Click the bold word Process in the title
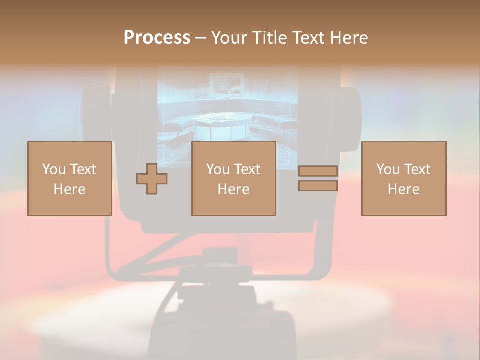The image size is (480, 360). (157, 38)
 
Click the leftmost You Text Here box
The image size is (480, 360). (69, 178)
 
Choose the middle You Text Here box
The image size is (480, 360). (233, 178)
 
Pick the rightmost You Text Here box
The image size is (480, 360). (403, 178)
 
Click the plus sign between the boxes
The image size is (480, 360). (152, 179)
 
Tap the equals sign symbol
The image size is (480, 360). (318, 178)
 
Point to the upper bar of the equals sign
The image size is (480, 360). (318, 171)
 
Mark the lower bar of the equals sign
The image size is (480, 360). (318, 186)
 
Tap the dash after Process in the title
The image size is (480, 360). (200, 38)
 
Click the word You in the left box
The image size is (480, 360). (54, 169)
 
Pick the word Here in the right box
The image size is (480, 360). (403, 189)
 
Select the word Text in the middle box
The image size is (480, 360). (247, 169)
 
